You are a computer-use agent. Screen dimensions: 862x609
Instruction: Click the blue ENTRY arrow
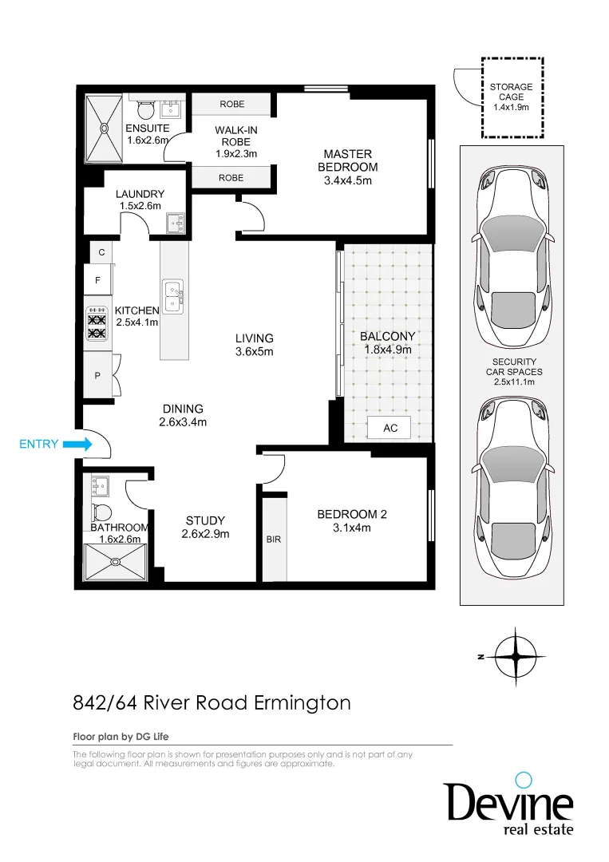pyautogui.click(x=77, y=445)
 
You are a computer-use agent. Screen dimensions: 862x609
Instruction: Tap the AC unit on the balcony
pyautogui.click(x=390, y=428)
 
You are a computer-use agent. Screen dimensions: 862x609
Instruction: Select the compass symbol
pyautogui.click(x=516, y=656)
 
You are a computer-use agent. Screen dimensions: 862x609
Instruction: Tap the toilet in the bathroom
pyautogui.click(x=101, y=512)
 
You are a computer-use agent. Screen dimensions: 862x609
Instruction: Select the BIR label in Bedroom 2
pyautogui.click(x=274, y=540)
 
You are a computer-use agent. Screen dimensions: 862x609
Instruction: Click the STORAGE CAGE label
pyautogui.click(x=512, y=92)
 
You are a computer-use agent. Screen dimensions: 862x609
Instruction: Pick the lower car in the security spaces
pyautogui.click(x=512, y=487)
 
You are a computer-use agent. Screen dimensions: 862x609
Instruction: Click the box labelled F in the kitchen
pyautogui.click(x=98, y=281)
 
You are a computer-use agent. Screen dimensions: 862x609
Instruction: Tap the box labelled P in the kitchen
pyautogui.click(x=98, y=375)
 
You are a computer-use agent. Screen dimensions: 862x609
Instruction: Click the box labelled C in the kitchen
pyautogui.click(x=101, y=252)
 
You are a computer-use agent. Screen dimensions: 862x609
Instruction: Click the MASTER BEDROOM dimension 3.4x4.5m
pyautogui.click(x=347, y=180)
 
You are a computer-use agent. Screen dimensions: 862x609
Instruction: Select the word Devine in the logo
pyautogui.click(x=508, y=801)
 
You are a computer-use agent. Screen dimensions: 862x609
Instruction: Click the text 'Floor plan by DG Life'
pyautogui.click(x=121, y=736)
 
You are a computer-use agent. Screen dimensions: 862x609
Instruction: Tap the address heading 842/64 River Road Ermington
pyautogui.click(x=212, y=702)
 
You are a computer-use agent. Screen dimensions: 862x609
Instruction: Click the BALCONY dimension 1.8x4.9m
pyautogui.click(x=387, y=349)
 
